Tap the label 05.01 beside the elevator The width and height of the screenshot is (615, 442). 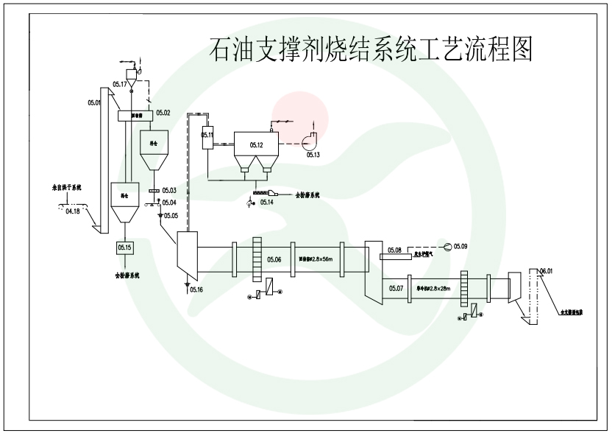click(93, 102)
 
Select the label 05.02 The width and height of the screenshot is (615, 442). click(163, 113)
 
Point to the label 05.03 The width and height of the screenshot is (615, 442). click(169, 192)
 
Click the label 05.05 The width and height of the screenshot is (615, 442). click(171, 215)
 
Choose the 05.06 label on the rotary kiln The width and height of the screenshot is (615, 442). click(274, 259)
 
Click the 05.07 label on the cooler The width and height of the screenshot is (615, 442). click(397, 287)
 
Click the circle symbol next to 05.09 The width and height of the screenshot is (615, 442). click(446, 245)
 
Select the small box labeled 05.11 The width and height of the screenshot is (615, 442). click(207, 136)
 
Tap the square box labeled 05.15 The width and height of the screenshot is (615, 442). click(124, 248)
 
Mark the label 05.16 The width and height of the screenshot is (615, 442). click(197, 290)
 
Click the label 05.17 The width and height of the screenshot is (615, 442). click(119, 85)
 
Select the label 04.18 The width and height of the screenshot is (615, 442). click(73, 211)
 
